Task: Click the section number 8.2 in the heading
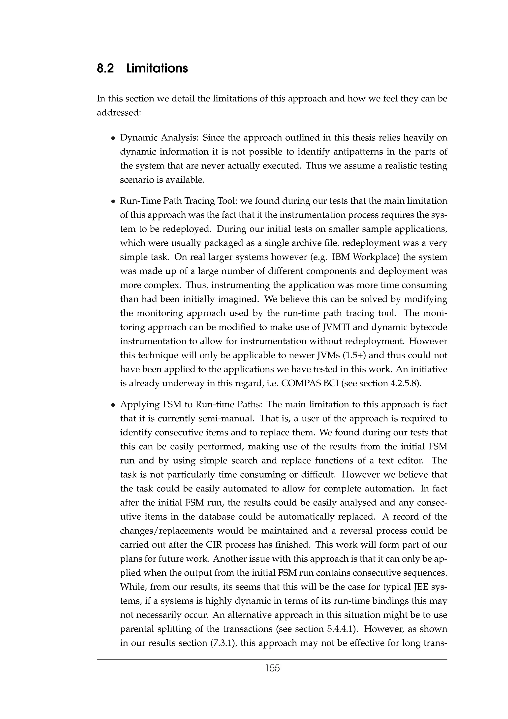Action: click(105, 68)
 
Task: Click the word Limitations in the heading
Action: click(157, 68)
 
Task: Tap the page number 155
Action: click(272, 668)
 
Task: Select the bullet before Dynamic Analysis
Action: click(113, 138)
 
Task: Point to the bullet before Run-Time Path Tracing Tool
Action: click(113, 201)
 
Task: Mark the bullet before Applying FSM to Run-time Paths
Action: click(113, 405)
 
